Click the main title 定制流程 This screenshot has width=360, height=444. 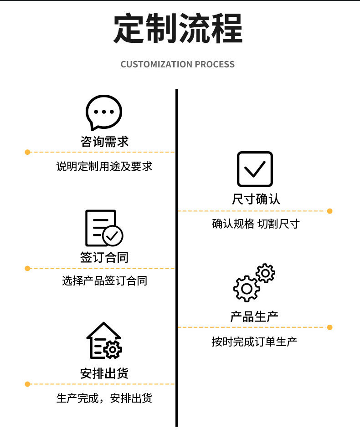(x=178, y=30)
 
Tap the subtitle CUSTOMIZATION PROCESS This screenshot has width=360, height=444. (x=178, y=64)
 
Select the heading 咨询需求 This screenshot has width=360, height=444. (x=104, y=141)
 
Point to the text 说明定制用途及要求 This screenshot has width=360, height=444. (x=104, y=166)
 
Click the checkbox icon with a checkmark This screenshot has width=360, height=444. (x=255, y=169)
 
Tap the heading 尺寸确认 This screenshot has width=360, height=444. (x=256, y=199)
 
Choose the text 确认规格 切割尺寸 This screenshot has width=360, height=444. (x=256, y=224)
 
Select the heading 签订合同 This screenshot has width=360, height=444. (x=104, y=257)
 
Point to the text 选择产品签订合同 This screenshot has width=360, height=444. (x=104, y=281)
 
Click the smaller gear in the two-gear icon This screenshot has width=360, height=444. (x=265, y=273)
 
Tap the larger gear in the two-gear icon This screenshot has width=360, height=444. (x=247, y=288)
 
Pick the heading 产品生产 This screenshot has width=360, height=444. (x=254, y=316)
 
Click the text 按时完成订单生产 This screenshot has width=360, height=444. (x=254, y=341)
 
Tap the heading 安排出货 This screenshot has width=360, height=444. (x=104, y=373)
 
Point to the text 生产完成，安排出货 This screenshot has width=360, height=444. (x=104, y=398)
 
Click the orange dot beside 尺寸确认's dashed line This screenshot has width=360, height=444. (x=330, y=211)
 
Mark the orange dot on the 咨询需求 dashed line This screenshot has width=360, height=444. (x=27, y=152)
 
